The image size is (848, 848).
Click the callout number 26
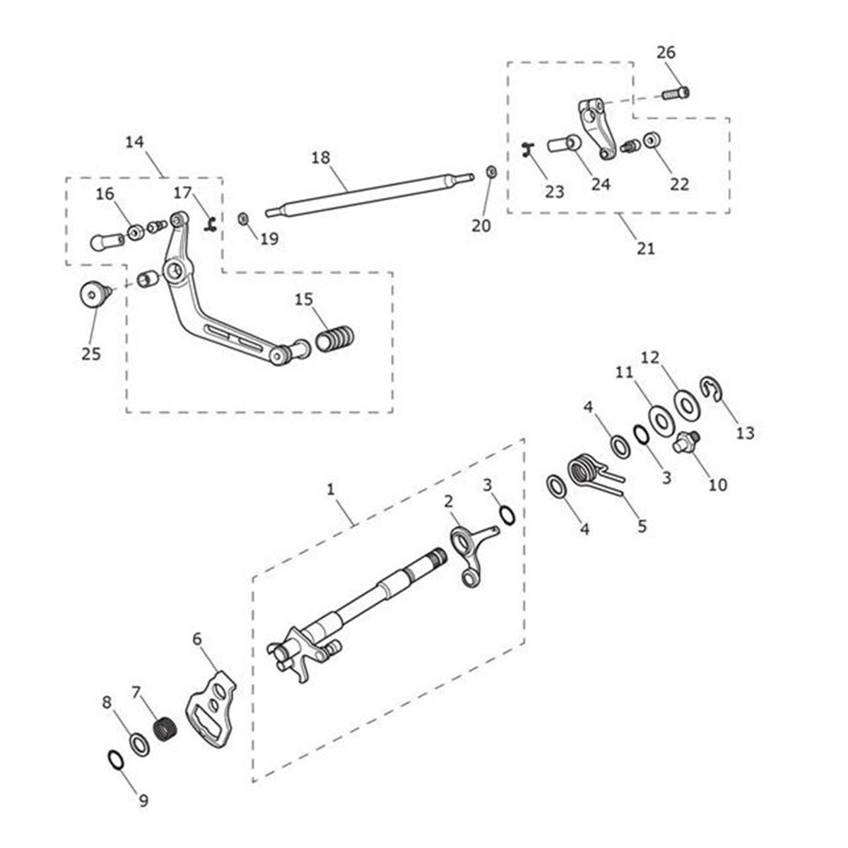(666, 52)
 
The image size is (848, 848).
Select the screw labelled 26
(676, 92)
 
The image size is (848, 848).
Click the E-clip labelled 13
(711, 388)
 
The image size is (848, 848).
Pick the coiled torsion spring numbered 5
(586, 471)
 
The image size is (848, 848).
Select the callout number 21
(646, 249)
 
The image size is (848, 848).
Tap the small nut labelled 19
(244, 218)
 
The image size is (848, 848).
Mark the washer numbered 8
(139, 743)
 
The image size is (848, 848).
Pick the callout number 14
(135, 142)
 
